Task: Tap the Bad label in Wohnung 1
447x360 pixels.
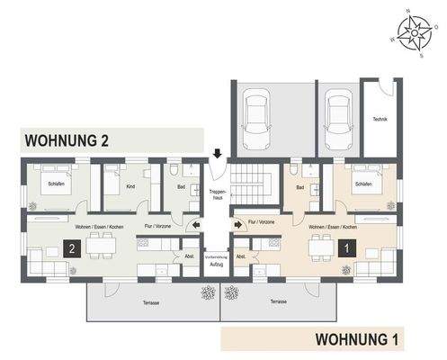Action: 300,188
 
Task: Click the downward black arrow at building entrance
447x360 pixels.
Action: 217,155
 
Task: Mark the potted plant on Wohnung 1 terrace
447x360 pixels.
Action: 232,292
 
